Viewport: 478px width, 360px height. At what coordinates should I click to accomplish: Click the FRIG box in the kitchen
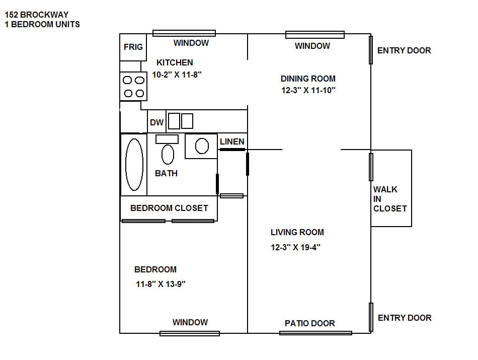[133, 47]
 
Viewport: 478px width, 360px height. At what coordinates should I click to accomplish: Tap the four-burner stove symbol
[133, 87]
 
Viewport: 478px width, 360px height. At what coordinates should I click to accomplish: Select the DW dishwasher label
[156, 122]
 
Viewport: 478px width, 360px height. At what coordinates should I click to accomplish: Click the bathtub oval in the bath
[134, 165]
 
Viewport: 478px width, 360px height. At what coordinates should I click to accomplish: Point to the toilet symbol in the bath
[168, 154]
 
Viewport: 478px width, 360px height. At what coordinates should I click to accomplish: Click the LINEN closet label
[232, 141]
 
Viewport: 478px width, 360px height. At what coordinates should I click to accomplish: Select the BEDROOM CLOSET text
[169, 208]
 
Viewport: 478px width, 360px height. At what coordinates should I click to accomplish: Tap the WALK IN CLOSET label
[389, 199]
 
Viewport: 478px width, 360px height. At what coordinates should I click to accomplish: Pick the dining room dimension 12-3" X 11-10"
[308, 91]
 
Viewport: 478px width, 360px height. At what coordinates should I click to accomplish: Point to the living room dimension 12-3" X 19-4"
[295, 247]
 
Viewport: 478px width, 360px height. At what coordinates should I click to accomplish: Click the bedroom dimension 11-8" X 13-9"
[161, 284]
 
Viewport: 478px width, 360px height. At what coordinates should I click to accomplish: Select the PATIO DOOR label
[309, 323]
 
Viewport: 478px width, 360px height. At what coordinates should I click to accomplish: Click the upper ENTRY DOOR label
[404, 50]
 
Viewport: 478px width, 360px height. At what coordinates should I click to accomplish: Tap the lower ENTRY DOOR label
[405, 318]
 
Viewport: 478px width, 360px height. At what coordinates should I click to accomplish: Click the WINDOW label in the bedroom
[190, 322]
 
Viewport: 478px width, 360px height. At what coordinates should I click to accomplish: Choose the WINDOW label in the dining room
[312, 46]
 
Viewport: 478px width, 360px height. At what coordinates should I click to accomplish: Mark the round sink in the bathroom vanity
[202, 146]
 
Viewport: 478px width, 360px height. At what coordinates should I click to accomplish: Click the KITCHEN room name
[175, 62]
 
